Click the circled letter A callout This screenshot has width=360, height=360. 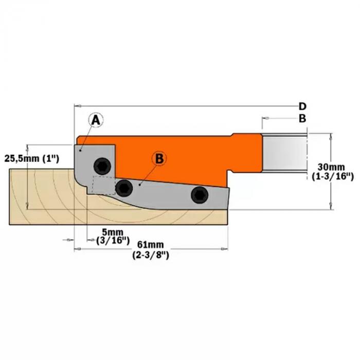pos(96,120)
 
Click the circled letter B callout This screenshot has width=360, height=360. pos(159,159)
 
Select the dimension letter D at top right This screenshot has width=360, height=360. pos(303,106)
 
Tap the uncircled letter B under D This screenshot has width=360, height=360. pos(303,118)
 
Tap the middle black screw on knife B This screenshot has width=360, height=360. pos(123,189)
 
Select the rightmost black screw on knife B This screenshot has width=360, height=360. pos(199,195)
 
